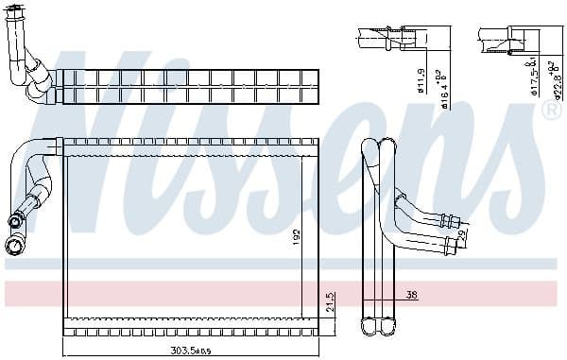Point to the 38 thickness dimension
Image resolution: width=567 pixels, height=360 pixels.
pyautogui.click(x=411, y=296)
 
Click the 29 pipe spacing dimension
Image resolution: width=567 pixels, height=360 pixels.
pyautogui.click(x=461, y=233)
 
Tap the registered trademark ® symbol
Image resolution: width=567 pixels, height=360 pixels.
pyautogui.click(x=551, y=111)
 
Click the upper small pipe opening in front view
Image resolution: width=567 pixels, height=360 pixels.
pyautogui.click(x=14, y=223)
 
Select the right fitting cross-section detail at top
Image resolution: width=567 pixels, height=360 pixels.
pyautogui.click(x=511, y=38)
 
